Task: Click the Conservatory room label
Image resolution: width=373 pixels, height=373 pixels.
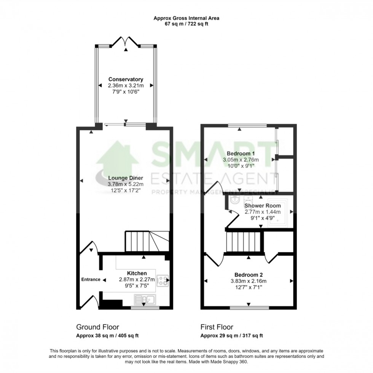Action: click(x=126, y=79)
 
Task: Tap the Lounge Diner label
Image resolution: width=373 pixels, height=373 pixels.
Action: click(x=125, y=178)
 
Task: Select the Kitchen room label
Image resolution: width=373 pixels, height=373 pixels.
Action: click(x=137, y=273)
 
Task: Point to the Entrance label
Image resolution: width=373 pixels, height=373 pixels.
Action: click(x=91, y=279)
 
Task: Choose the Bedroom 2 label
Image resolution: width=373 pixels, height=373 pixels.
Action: click(x=248, y=275)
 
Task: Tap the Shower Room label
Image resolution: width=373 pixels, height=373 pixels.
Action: click(x=262, y=206)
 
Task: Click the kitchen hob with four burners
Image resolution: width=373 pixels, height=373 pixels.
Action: click(x=163, y=281)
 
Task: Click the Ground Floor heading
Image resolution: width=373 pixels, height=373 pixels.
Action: click(x=97, y=327)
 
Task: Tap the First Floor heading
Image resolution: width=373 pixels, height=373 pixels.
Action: click(x=217, y=327)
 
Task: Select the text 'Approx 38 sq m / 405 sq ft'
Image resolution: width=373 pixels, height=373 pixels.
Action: click(x=107, y=335)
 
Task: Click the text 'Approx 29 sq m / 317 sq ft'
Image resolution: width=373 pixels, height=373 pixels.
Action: click(x=231, y=335)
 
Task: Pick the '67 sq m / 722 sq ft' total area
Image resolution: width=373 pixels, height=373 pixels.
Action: click(x=186, y=24)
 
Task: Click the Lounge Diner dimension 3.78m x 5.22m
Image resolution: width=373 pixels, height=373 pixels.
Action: click(x=125, y=184)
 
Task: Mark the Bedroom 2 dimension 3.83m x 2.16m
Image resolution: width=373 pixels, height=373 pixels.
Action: click(x=248, y=281)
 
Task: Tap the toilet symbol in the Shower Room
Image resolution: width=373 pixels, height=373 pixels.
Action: click(x=233, y=200)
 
